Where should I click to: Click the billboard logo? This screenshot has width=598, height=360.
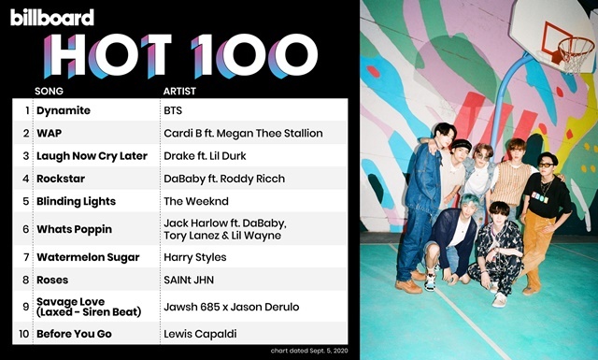[x=52, y=17]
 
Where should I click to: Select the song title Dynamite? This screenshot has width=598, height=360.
[x=64, y=110]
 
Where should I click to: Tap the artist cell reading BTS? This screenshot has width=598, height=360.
[x=173, y=110]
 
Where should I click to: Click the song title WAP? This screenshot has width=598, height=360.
[x=50, y=133]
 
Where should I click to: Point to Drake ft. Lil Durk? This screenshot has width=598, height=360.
[x=205, y=156]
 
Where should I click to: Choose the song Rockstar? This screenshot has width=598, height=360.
[x=61, y=179]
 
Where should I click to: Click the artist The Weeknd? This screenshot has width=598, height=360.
[x=196, y=201]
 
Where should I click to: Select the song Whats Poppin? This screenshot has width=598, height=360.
[x=75, y=229]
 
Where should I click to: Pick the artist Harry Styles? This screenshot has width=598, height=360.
[x=195, y=257]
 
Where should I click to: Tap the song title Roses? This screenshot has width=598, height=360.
[x=52, y=280]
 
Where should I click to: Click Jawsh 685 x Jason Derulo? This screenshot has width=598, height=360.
[x=232, y=307]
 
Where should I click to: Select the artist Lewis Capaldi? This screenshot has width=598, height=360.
[x=200, y=334]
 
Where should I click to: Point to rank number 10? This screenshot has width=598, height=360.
[x=23, y=334]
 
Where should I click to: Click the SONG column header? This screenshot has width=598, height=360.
[x=49, y=92]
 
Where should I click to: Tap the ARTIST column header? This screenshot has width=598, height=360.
[x=179, y=92]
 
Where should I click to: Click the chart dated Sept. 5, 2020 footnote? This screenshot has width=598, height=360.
[x=309, y=351]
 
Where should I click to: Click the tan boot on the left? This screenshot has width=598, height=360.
[x=408, y=286]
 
